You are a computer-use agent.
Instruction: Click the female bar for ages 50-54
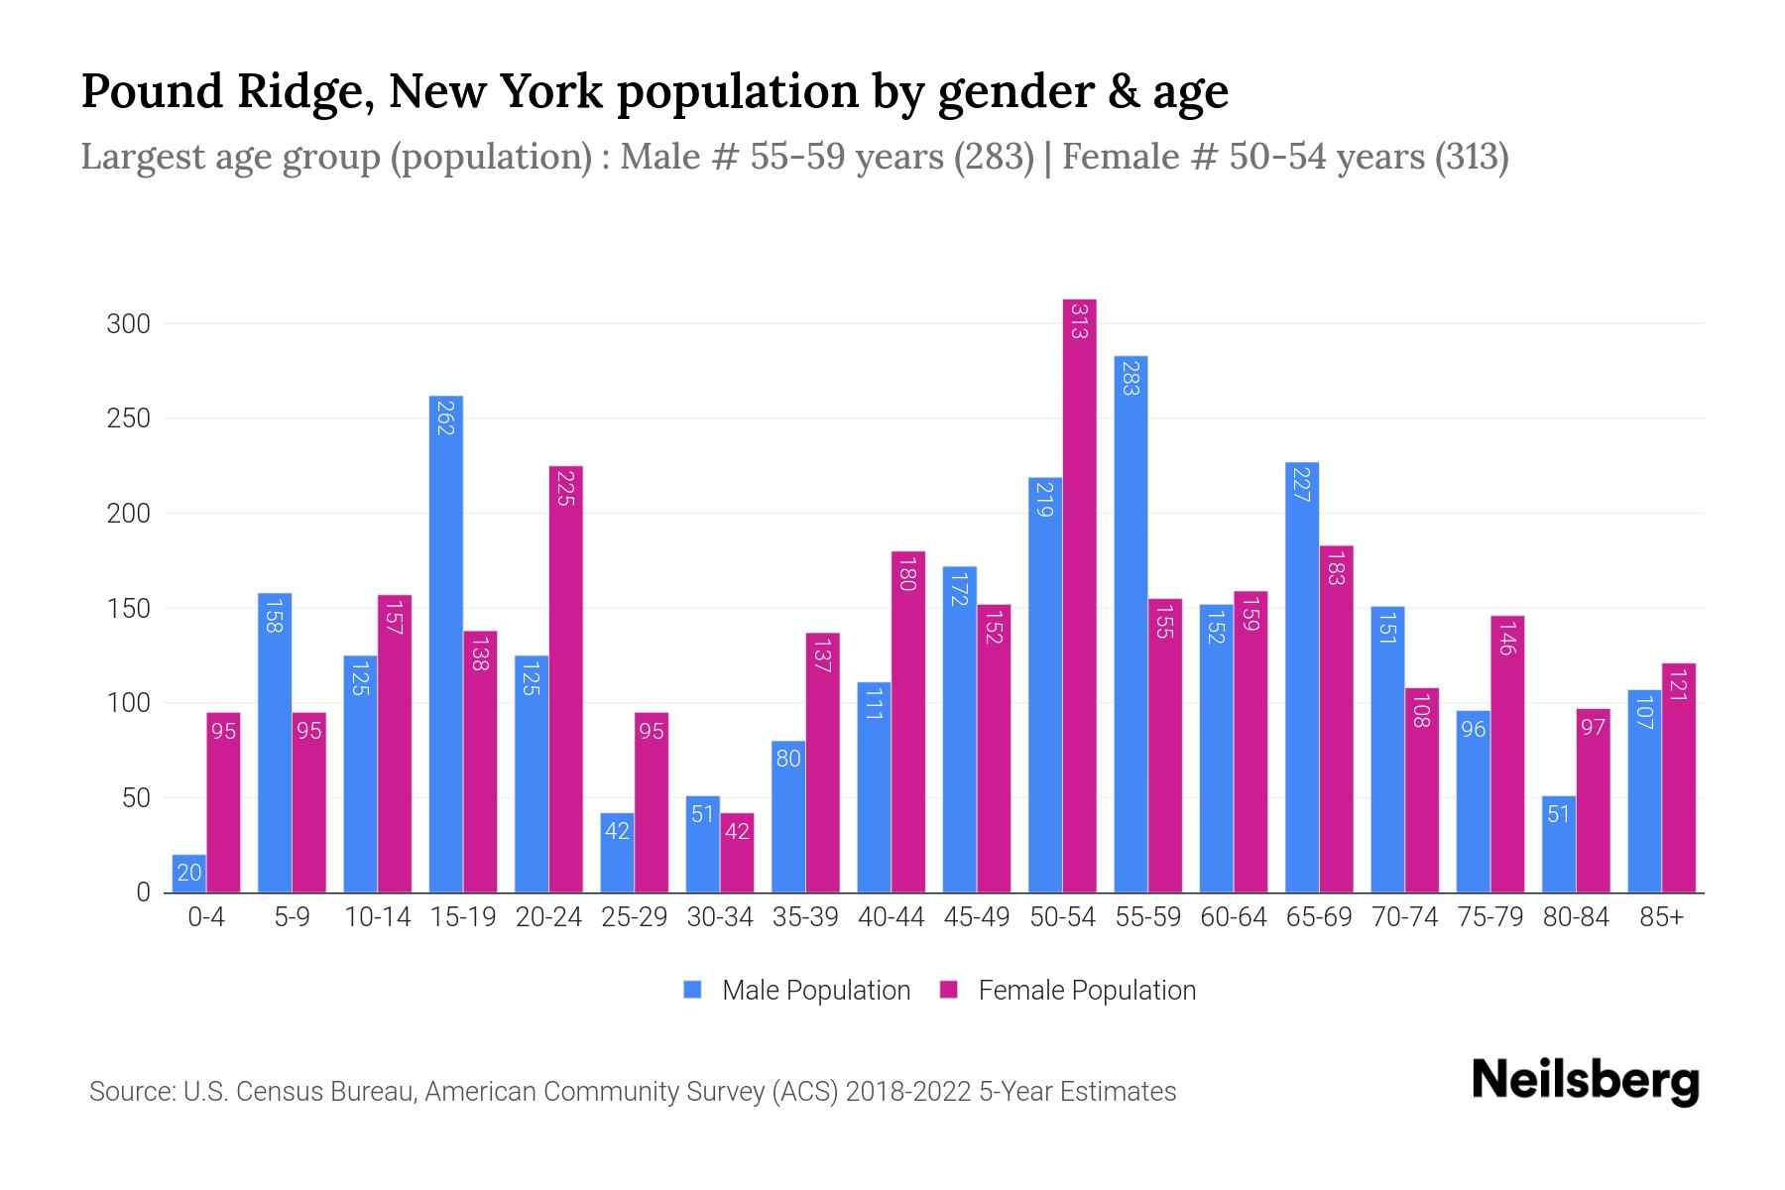(x=1079, y=595)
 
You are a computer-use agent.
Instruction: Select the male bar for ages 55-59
(x=1130, y=625)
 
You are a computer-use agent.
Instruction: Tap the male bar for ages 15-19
(x=446, y=645)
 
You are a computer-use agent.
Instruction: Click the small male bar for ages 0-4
(x=189, y=874)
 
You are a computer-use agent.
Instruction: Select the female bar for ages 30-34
(x=737, y=854)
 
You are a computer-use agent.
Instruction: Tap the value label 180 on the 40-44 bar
(x=906, y=573)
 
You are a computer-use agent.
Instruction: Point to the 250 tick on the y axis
(x=129, y=418)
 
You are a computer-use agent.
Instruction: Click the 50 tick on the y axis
(x=136, y=798)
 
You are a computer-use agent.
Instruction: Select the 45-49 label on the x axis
(x=977, y=917)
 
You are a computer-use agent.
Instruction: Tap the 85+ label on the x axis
(x=1661, y=917)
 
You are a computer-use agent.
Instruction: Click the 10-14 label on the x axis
(x=377, y=917)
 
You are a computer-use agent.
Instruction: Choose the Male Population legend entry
(x=797, y=990)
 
